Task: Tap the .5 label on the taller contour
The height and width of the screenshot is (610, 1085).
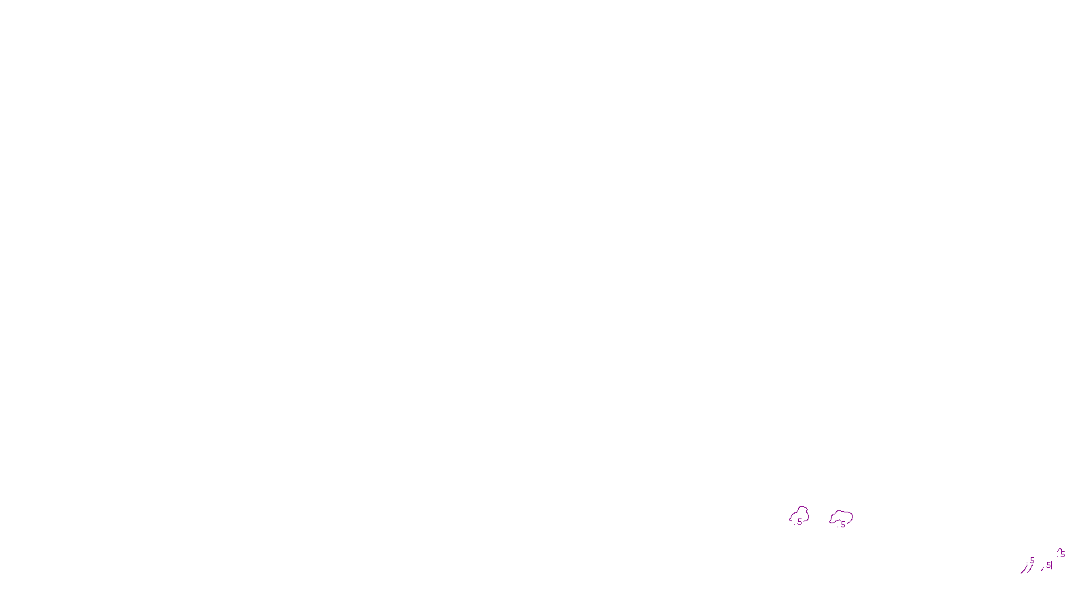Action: [x=799, y=522]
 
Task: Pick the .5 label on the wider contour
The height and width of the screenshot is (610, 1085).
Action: [x=842, y=524]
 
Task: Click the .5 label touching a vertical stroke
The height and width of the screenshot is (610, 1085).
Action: [x=1048, y=565]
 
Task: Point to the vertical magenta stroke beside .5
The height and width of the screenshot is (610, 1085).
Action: [x=1052, y=565]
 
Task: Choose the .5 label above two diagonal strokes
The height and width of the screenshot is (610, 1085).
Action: [x=1031, y=561]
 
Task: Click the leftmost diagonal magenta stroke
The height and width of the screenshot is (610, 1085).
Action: [x=1023, y=570]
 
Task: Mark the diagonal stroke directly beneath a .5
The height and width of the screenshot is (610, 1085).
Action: [x=1030, y=569]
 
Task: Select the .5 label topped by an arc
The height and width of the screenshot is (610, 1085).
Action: [x=1062, y=554]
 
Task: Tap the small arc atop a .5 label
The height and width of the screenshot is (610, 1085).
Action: [x=1059, y=550]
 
